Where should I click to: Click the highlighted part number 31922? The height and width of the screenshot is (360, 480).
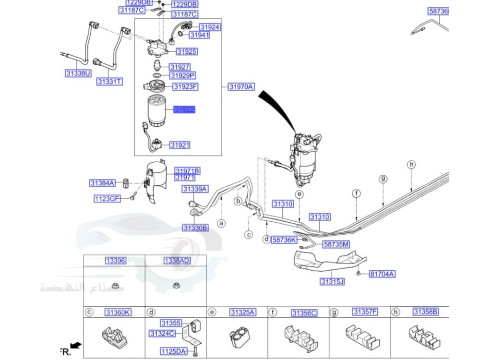click(x=184, y=109)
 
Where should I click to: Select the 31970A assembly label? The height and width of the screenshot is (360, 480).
click(x=241, y=87)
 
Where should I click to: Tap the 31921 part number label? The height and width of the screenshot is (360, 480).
click(x=180, y=145)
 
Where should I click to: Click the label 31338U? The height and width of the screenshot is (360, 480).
click(x=78, y=73)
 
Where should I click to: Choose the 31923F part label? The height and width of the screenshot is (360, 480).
click(x=185, y=87)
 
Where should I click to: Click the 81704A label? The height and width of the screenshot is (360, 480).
click(x=382, y=274)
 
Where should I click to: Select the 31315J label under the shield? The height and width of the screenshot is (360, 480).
click(x=333, y=282)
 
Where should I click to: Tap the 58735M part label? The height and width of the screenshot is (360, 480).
click(x=336, y=244)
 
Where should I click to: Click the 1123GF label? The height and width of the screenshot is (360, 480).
click(x=107, y=198)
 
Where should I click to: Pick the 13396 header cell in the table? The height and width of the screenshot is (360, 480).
click(x=116, y=261)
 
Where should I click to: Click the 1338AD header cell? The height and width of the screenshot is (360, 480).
click(x=177, y=261)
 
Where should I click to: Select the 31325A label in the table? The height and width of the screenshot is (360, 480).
click(x=242, y=312)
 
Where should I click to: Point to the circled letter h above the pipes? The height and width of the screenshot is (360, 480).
click(x=411, y=165)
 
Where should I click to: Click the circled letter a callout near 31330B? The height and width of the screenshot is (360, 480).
click(x=221, y=223)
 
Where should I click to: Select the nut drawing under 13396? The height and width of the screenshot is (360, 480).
click(x=115, y=287)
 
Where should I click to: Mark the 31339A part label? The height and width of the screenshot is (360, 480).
click(x=195, y=189)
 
